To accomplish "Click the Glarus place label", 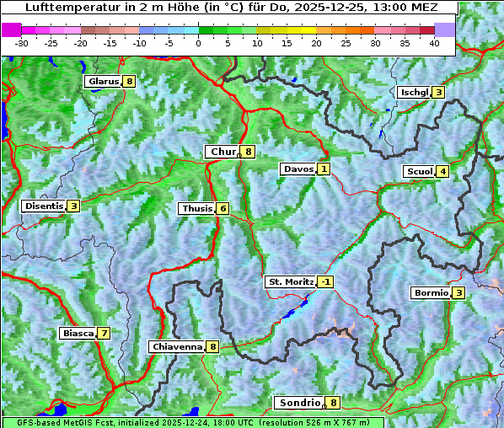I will pyautogui.click(x=102, y=82).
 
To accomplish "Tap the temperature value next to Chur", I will pyautogui.click(x=249, y=152).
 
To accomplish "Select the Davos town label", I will pyautogui.click(x=298, y=169).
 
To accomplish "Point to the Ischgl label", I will pyautogui.click(x=414, y=93).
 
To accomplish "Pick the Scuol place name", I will pyautogui.click(x=419, y=172).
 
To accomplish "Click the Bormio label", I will pyautogui.click(x=431, y=293).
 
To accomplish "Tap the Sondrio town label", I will pyautogui.click(x=298, y=403).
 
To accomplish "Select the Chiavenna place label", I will pyautogui.click(x=176, y=346).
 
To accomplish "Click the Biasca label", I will pyautogui.click(x=78, y=334).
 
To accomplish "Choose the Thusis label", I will pyautogui.click(x=196, y=209).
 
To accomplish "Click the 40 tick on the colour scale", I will pyautogui.click(x=434, y=43).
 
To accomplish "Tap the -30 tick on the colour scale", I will pyautogui.click(x=22, y=43).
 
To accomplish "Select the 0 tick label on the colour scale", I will pyautogui.click(x=198, y=43).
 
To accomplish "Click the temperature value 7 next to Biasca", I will pyautogui.click(x=103, y=334).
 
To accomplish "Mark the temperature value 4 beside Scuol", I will pyautogui.click(x=442, y=172).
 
